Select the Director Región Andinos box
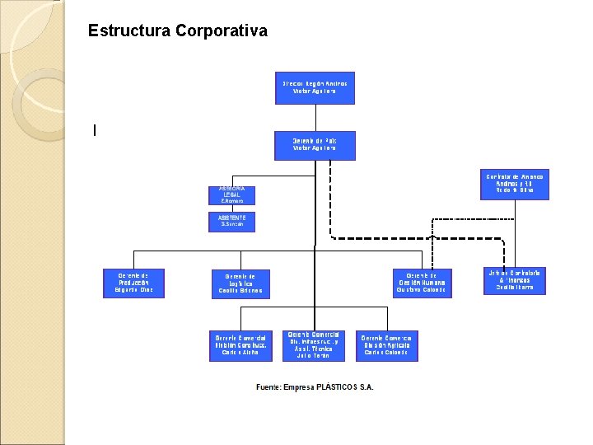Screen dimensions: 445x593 pos(315,87)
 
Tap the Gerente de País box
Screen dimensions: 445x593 pos(315,144)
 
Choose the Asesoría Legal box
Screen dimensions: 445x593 pos(232,195)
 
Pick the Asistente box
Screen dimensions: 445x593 pos(232,221)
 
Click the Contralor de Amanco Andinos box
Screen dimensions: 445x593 pos(515,185)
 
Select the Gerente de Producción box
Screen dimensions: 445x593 pos(133,283)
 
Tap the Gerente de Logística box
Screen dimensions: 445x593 pos(240,283)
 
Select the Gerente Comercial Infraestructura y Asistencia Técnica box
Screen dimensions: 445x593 pos(313,345)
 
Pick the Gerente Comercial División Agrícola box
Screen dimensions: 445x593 pos(386,346)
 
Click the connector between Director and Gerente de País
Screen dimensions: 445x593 pos(315,117)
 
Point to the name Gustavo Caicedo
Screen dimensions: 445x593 pos(421,290)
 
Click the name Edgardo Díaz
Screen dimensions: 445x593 pos(133,290)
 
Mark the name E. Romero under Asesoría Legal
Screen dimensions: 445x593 pos(232,200)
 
